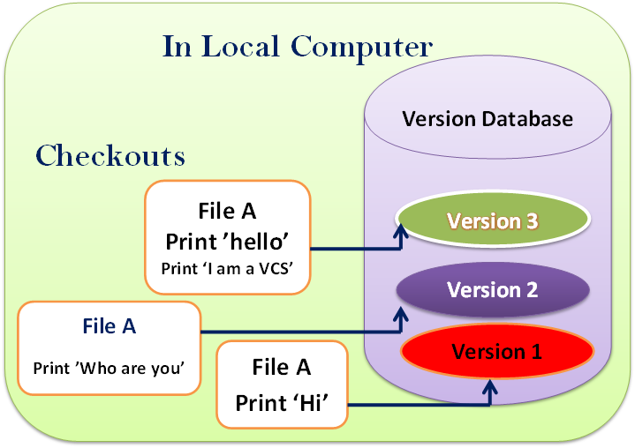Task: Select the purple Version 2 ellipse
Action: point(493,289)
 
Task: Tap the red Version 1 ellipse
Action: point(495,352)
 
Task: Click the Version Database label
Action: point(488,118)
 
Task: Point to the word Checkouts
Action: point(110,156)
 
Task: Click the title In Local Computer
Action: point(298,47)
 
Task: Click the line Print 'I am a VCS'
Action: point(227,267)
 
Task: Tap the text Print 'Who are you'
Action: point(108,366)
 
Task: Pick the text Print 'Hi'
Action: point(281,402)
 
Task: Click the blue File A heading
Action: point(109,326)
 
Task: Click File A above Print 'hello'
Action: point(228,212)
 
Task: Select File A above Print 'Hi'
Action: point(281,367)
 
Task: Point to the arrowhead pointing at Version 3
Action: point(398,231)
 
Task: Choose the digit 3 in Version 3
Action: point(531,221)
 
